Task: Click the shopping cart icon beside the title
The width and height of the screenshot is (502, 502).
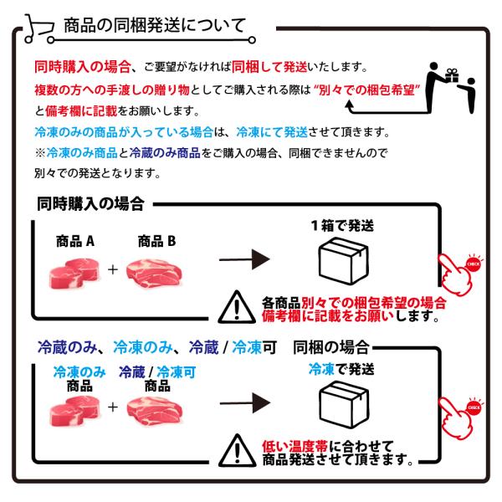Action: coord(38,28)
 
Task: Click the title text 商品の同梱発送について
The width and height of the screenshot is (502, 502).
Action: coord(155,26)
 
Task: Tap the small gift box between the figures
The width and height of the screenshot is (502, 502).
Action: coord(452,75)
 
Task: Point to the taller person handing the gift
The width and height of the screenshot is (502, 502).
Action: coord(436,86)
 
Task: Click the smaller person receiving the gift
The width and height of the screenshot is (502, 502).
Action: coord(468,95)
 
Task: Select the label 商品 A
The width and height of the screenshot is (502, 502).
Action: coord(75,241)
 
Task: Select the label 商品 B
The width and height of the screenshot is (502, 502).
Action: coord(157,241)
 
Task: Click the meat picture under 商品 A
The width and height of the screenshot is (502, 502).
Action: coord(74,273)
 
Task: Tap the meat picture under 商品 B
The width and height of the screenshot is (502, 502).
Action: coord(154,273)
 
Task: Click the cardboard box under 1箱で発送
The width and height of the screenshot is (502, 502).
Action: coord(344,261)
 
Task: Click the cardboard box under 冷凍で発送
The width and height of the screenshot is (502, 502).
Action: coord(344,404)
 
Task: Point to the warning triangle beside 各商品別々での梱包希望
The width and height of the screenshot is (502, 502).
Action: coord(237,307)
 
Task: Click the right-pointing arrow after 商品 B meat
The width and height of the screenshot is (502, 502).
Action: coord(244,259)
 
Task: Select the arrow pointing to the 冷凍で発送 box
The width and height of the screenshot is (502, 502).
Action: coord(245,403)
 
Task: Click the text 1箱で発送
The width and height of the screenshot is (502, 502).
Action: coord(342,226)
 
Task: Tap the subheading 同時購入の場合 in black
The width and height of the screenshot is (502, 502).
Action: coord(90,204)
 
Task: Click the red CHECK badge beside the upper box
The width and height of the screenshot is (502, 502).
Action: coord(474,264)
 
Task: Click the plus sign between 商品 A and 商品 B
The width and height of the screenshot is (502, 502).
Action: coord(113,269)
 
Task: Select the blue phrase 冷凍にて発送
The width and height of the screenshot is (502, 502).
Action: coord(272,132)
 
